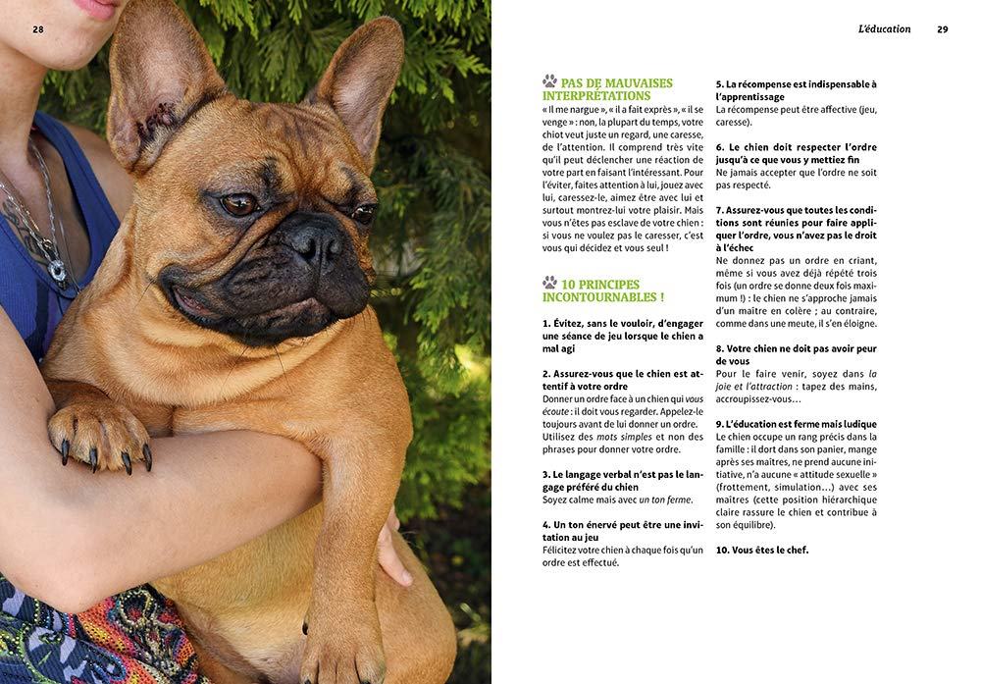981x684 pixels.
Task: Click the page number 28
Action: [38, 29]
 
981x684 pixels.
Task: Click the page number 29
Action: [943, 29]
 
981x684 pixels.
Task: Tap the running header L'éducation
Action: [884, 29]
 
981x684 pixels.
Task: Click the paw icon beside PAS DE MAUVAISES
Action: [549, 81]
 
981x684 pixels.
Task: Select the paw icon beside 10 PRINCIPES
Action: [549, 283]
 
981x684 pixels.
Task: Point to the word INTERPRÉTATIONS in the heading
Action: [596, 96]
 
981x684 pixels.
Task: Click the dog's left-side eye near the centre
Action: [238, 204]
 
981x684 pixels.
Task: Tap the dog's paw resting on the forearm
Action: [98, 432]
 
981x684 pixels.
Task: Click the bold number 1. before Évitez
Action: [546, 323]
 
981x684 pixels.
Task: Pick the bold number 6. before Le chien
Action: [721, 147]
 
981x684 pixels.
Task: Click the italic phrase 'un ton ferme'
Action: [665, 500]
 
